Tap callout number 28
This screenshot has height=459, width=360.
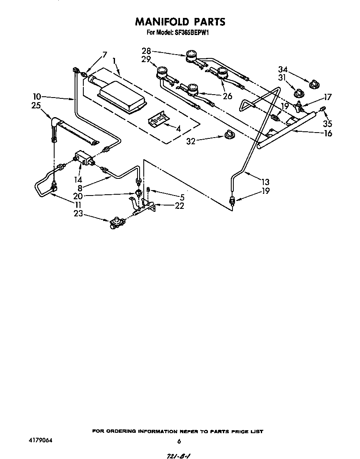pyautogui.click(x=146, y=52)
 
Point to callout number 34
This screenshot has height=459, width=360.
pyautogui.click(x=283, y=69)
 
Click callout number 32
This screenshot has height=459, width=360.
pyautogui.click(x=191, y=141)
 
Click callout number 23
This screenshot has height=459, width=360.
pyautogui.click(x=78, y=214)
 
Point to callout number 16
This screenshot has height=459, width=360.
pyautogui.click(x=328, y=133)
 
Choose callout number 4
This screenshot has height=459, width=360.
pyautogui.click(x=178, y=129)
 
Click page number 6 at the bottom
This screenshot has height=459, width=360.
pyautogui.click(x=179, y=441)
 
